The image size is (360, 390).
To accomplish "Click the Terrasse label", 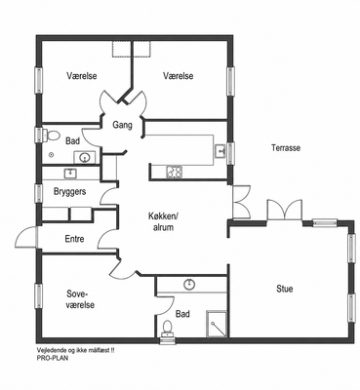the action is point(286,148).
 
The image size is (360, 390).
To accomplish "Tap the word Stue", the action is point(285,289).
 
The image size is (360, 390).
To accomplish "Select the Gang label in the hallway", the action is point(122,125).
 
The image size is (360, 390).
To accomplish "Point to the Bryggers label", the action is point(69,191).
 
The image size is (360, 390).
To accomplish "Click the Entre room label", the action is point(74,239).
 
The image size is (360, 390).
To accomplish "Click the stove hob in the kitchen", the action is point(175,172).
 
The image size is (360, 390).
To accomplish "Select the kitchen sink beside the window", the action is point(220,151).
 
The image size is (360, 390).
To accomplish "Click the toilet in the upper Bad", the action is point(52,136).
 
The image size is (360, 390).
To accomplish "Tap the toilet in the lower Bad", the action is point(168,329).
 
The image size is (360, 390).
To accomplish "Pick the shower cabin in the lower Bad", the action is point(217,324).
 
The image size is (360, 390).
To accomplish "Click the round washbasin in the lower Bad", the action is point(189,285).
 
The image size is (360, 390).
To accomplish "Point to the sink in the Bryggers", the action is point(70,174).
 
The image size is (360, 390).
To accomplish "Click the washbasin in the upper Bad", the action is point(85,158).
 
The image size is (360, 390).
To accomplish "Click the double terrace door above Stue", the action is point(285,210).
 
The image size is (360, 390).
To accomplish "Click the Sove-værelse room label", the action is point(80,299).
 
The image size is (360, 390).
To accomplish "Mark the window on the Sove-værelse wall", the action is point(39,296).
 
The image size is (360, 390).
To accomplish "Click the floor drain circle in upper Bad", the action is point(51,155).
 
